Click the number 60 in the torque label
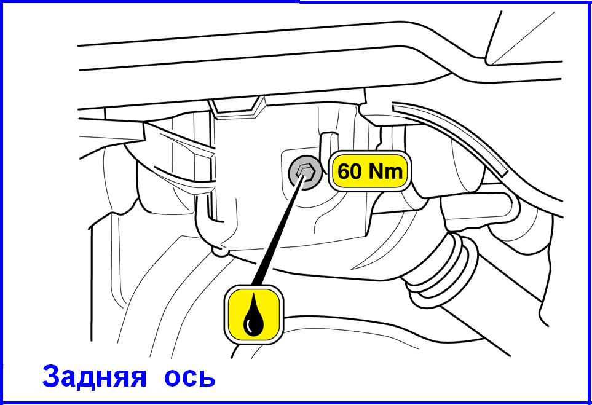(349, 171)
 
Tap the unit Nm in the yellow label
(385, 171)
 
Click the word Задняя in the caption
(94, 376)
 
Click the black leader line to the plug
(277, 231)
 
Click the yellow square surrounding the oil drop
(253, 315)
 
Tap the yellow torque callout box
(370, 171)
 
